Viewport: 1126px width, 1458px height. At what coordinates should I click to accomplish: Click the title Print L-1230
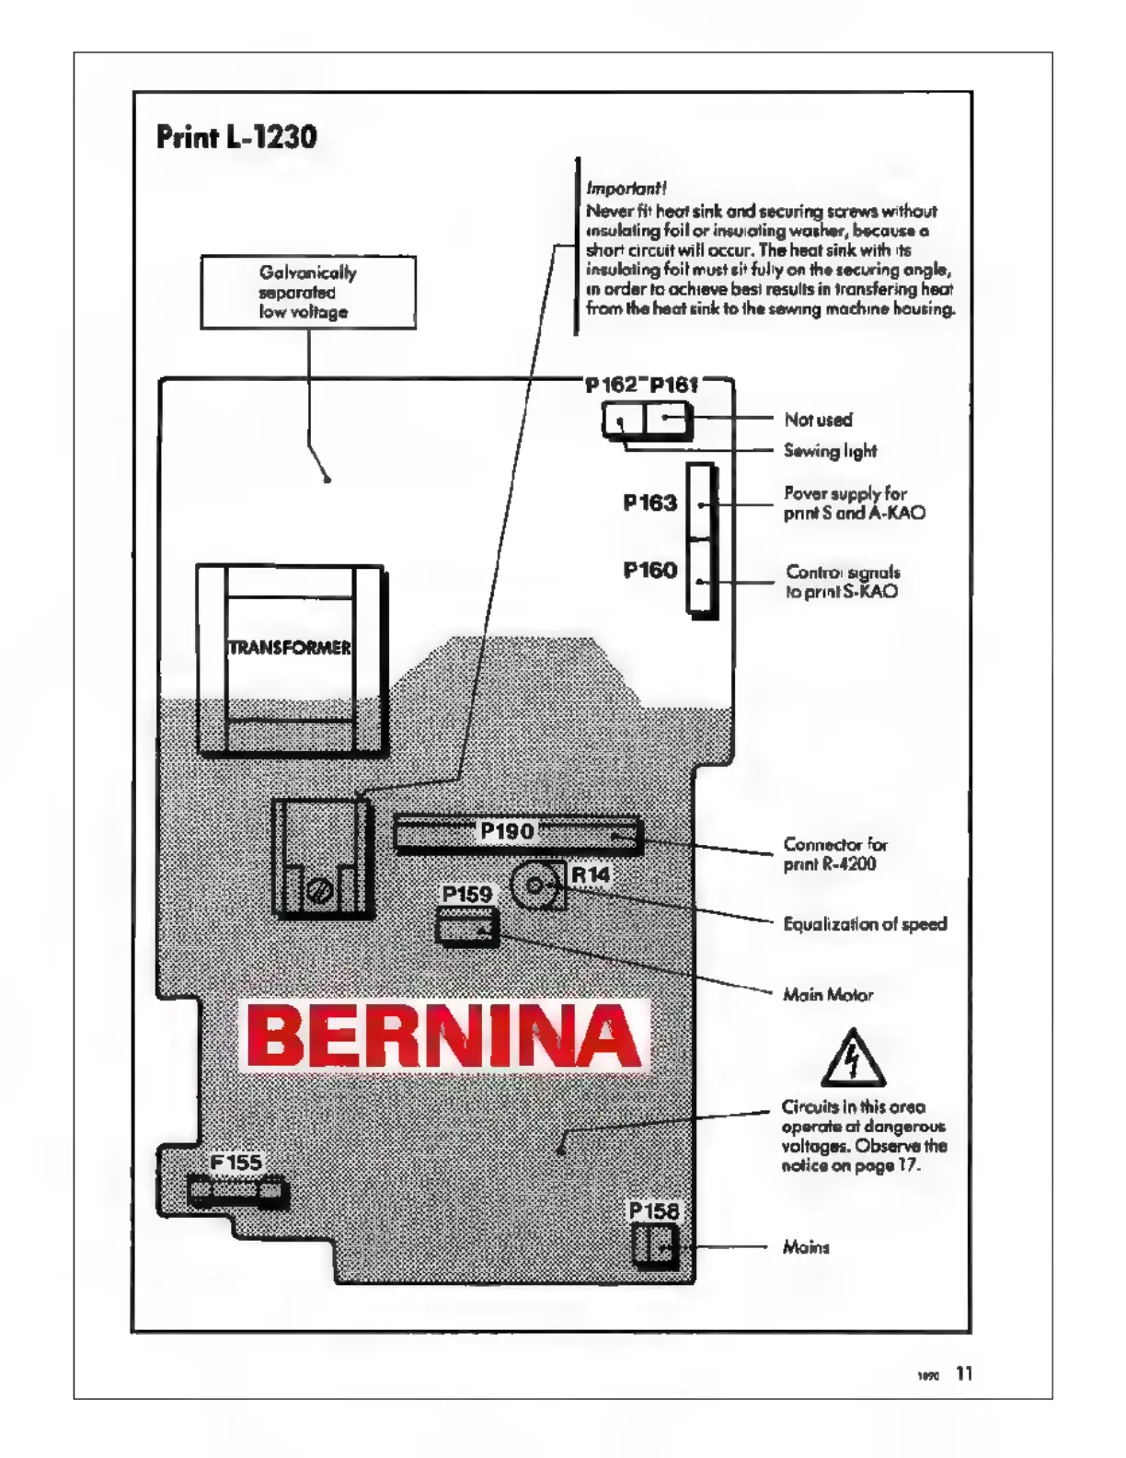[x=236, y=137]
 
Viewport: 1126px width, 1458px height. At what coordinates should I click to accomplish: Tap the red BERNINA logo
[x=444, y=1036]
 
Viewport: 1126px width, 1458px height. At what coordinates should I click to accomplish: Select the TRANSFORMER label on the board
[x=290, y=648]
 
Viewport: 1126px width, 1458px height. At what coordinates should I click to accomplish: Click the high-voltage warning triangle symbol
[x=853, y=1059]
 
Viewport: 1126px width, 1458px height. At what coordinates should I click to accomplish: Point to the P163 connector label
[x=649, y=503]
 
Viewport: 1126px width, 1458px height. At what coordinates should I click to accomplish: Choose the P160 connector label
[x=649, y=571]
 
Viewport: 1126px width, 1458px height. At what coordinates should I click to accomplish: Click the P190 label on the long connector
[x=507, y=831]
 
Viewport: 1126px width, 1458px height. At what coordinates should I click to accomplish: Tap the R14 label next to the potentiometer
[x=590, y=874]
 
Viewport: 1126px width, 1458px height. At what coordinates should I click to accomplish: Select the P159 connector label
[x=467, y=895]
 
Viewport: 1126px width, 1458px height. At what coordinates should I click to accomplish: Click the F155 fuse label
[x=236, y=1163]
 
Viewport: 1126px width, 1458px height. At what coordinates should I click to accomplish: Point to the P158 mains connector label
[x=654, y=1211]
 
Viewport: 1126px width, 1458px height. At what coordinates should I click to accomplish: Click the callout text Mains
[x=806, y=1247]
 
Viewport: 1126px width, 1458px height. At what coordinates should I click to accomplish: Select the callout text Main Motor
[x=828, y=994]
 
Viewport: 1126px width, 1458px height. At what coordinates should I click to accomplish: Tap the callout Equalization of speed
[x=865, y=924]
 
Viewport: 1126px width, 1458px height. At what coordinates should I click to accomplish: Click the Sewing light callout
[x=830, y=451]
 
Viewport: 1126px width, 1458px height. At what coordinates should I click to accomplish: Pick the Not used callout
[x=818, y=420]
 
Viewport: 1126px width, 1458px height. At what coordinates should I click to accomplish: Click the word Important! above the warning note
[x=626, y=188]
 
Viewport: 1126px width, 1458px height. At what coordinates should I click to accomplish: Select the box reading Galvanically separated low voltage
[x=308, y=292]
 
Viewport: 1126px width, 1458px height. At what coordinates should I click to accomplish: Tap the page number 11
[x=964, y=1373]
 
